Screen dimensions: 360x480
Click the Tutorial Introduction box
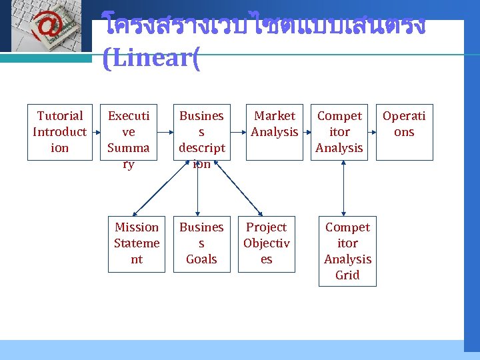pos(59,132)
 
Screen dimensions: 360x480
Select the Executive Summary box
pos(128,139)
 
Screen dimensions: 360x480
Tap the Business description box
pos(201,139)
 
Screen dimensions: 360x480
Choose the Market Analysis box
pos(275,132)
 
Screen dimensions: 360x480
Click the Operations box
pos(403,132)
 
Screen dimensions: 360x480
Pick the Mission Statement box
pos(137,243)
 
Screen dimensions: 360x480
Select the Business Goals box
pos(201,243)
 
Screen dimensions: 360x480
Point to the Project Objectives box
pos(266,243)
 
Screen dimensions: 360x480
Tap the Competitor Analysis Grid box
pos(347,251)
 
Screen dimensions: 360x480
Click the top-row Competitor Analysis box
pos(339,132)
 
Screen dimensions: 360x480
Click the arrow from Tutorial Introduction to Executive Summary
pos(95,132)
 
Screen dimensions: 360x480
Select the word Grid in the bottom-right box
pos(347,275)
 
